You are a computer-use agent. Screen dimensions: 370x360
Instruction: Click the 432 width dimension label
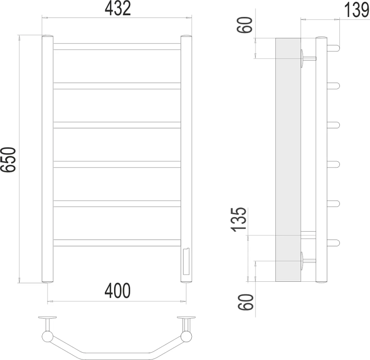118,9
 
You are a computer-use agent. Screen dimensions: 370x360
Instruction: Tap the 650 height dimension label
8,159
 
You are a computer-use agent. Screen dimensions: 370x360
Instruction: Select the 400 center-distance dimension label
118,291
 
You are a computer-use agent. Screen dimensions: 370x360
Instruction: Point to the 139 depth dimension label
356,10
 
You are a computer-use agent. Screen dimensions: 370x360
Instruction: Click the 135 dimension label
239,219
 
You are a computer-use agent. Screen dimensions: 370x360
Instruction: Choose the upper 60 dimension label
245,25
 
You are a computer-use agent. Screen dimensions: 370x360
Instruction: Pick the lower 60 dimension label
246,302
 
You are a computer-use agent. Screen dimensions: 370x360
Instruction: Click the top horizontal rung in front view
117,47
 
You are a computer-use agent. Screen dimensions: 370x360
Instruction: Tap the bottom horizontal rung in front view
117,243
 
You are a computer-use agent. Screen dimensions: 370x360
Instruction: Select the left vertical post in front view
48,159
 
